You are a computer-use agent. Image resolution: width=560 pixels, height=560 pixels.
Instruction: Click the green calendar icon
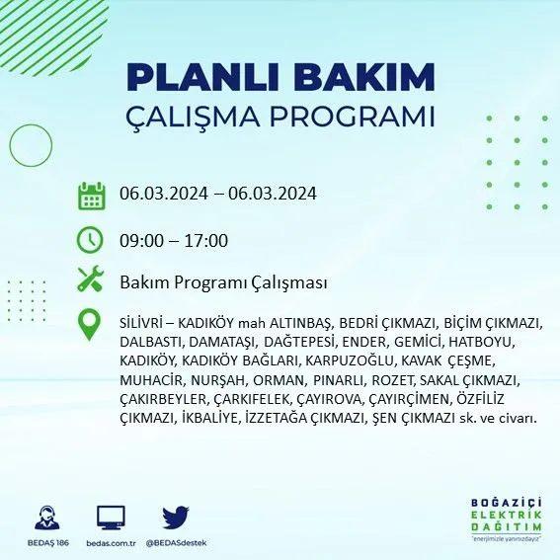pyautogui.click(x=92, y=196)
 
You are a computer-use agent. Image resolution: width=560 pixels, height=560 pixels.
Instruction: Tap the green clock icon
pyautogui.click(x=90, y=240)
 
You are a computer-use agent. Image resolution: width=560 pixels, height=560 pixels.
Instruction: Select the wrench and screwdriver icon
pyautogui.click(x=90, y=279)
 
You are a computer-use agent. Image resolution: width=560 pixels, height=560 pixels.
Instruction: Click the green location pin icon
pyautogui.click(x=89, y=324)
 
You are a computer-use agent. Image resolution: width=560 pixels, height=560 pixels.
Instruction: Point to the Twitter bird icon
pyautogui.click(x=176, y=517)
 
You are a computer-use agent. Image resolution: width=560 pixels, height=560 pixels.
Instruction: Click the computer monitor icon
pyautogui.click(x=111, y=518)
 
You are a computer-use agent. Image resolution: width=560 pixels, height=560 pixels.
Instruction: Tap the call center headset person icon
pyautogui.click(x=47, y=518)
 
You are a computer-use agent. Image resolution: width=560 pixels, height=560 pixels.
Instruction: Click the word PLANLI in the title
pyautogui.click(x=202, y=77)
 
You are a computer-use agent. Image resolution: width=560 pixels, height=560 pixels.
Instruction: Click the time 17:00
pyautogui.click(x=206, y=240)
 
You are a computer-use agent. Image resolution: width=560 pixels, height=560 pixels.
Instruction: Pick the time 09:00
pyautogui.click(x=141, y=240)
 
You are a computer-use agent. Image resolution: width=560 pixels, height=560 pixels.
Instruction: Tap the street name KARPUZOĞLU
pyautogui.click(x=350, y=361)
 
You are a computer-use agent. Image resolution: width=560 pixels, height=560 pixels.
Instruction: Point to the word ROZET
pyautogui.click(x=392, y=380)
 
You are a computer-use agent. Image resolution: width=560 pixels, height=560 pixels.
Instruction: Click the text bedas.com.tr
pyautogui.click(x=111, y=543)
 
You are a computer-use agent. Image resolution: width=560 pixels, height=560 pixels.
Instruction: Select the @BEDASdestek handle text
pyautogui.click(x=176, y=543)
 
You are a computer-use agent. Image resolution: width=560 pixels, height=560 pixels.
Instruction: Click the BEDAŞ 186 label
pyautogui.click(x=47, y=543)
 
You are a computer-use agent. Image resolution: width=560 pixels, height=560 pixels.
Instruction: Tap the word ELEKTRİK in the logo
pyautogui.click(x=506, y=515)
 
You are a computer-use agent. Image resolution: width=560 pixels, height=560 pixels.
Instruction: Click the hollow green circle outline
pyautogui.click(x=10, y=146)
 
